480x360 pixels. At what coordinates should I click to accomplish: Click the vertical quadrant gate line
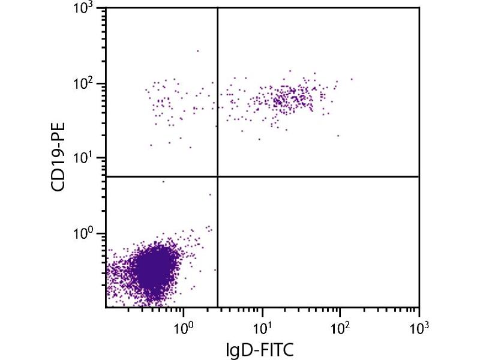coord(217,90)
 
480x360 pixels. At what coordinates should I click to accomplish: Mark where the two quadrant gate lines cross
coord(217,176)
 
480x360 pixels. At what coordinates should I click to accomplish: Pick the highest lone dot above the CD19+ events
coord(197,51)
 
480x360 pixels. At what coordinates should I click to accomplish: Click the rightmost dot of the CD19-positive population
coord(352,79)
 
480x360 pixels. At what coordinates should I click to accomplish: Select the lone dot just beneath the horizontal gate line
coord(163,181)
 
